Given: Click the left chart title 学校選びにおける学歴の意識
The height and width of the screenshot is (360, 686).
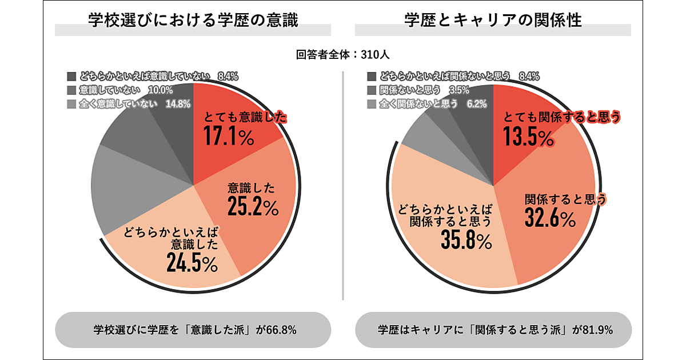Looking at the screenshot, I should pos(193,21).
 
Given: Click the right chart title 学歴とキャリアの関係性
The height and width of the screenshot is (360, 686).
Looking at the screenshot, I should pos(492,21).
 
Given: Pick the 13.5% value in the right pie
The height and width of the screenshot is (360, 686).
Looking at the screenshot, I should pos(528,137).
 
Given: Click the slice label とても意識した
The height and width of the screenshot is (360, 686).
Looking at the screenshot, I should pos(245,118).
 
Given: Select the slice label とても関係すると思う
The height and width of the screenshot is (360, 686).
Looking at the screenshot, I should pos(561,118).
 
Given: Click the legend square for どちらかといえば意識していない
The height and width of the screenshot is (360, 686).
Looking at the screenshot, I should pos(71,76).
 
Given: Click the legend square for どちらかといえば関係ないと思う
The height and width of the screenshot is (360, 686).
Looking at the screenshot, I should pos(371,76).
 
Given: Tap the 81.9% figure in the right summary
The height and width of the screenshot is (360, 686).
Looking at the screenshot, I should pos(596,330).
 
